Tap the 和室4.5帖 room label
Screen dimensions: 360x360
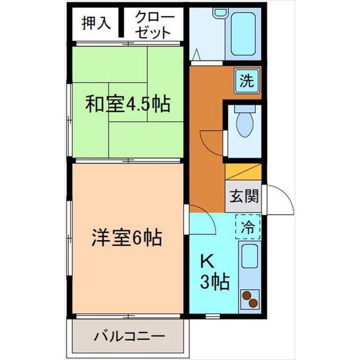coord(128,105)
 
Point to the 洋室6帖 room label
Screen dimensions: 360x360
coord(127,239)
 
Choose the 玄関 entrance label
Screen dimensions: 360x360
coord(244,197)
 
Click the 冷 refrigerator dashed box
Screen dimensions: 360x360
coord(247,228)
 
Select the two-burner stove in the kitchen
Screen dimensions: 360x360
coord(250,299)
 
